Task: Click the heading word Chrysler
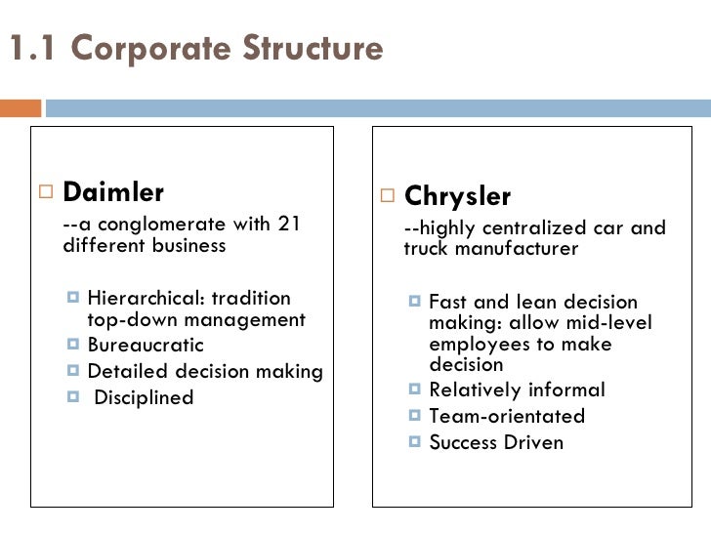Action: click(457, 196)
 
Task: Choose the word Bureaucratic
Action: click(146, 346)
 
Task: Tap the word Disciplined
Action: click(145, 397)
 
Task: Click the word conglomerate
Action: click(154, 226)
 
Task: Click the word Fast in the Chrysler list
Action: click(448, 303)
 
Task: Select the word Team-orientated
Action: click(507, 417)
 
